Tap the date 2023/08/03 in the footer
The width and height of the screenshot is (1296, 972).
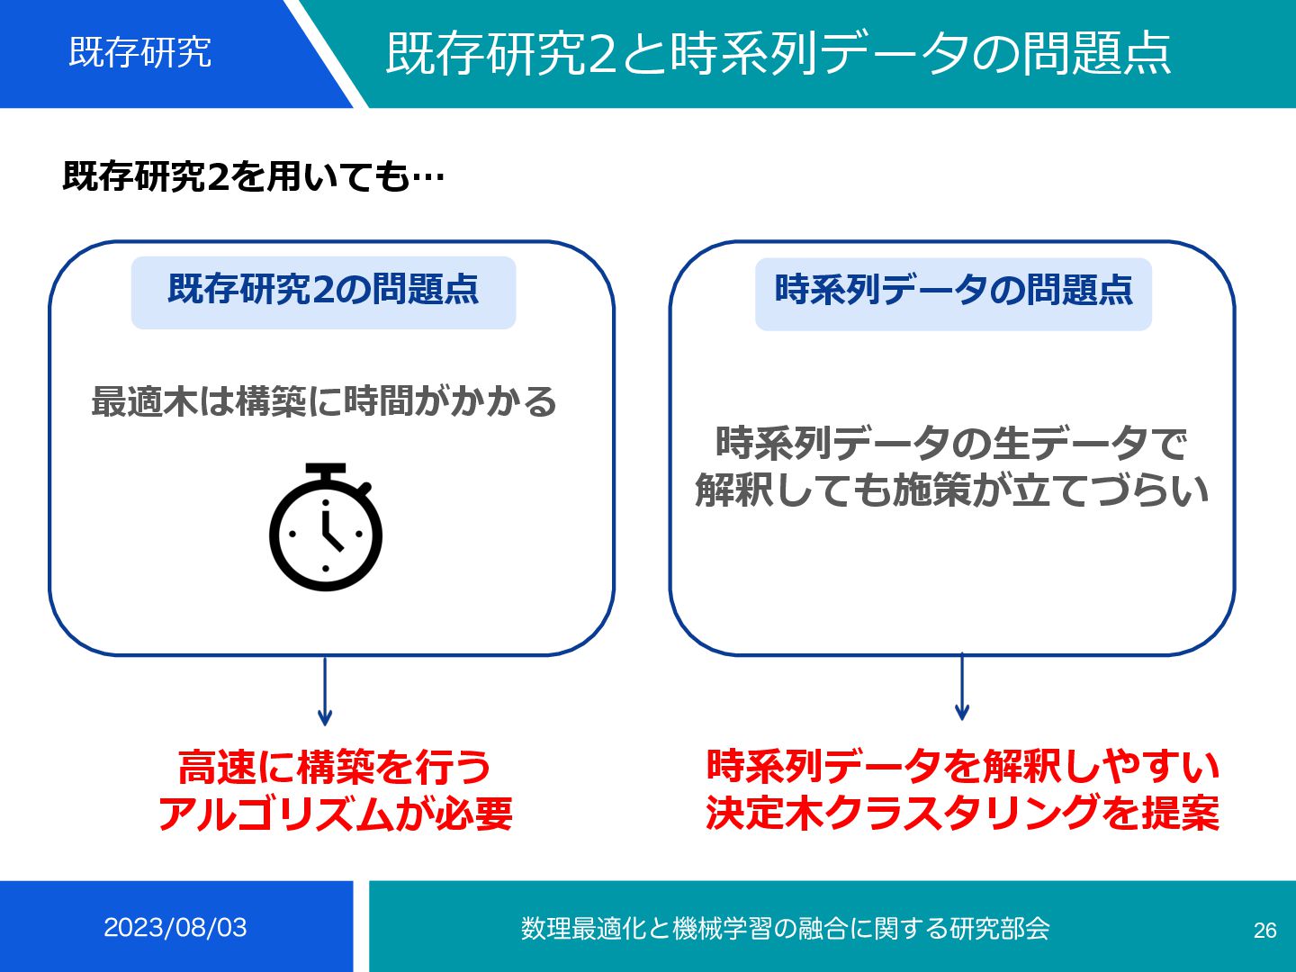pyautogui.click(x=175, y=927)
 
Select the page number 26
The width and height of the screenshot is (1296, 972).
pyautogui.click(x=1264, y=930)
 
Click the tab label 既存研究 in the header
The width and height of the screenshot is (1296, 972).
pyautogui.click(x=140, y=52)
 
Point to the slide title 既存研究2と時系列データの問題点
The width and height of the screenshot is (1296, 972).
pyautogui.click(x=778, y=53)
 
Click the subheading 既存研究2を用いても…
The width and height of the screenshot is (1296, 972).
pyautogui.click(x=253, y=175)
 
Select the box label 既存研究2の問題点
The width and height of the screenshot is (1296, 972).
pyautogui.click(x=323, y=290)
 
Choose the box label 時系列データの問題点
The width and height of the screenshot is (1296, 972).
pyautogui.click(x=953, y=291)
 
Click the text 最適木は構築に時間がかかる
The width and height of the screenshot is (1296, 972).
pyautogui.click(x=324, y=401)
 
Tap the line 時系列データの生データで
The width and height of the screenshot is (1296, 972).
pyautogui.click(x=951, y=443)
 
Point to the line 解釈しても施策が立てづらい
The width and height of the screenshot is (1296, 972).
pyautogui.click(x=951, y=490)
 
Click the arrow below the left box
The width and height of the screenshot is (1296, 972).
pyautogui.click(x=325, y=693)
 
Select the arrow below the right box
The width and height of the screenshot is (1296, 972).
pyautogui.click(x=962, y=688)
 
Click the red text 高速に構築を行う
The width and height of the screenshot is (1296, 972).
pyautogui.click(x=335, y=768)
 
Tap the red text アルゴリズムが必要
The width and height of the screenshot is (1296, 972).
pyautogui.click(x=335, y=814)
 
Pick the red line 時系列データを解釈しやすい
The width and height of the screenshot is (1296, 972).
pyautogui.click(x=962, y=766)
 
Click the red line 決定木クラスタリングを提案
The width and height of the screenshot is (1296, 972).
pyautogui.click(x=962, y=813)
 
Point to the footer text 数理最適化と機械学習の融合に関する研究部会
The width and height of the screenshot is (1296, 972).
pyautogui.click(x=785, y=928)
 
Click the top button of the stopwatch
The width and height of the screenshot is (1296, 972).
pyautogui.click(x=326, y=470)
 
